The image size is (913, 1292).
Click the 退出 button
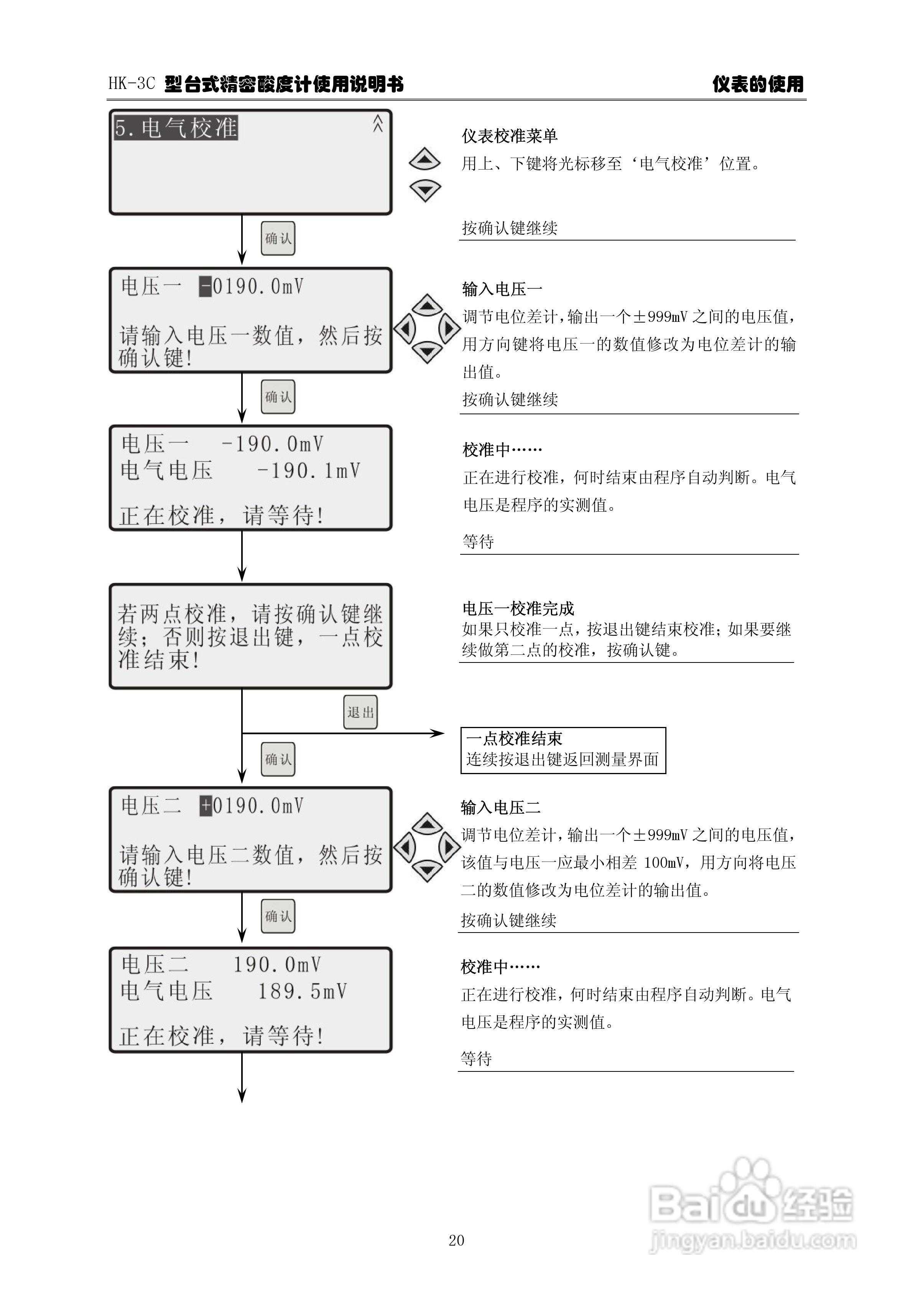360,712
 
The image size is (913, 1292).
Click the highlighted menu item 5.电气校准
176,128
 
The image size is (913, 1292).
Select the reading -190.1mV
308,470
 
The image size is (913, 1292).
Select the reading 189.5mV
302,991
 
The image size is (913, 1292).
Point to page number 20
456,1240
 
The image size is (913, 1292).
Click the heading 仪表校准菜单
509,136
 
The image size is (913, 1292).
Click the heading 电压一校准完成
518,608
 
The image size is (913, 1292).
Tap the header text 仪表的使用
758,84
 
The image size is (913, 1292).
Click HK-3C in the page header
131,84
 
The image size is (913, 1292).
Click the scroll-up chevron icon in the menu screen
377,123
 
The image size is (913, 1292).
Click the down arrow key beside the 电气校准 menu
425,190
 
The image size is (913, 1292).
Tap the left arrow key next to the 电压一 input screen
405,328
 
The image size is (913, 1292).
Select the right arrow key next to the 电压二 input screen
449,847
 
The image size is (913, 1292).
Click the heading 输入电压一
502,289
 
